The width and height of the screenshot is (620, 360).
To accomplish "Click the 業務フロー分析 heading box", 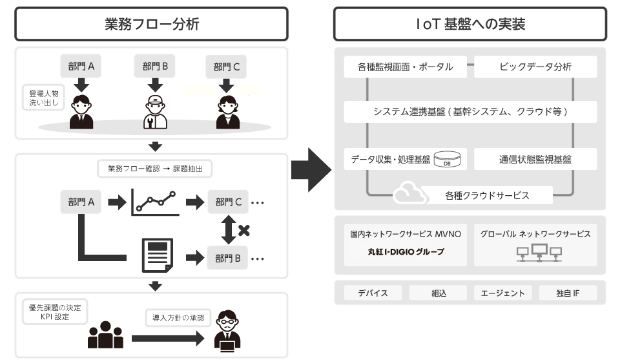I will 151,25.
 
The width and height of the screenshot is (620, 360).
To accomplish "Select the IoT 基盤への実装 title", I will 470,25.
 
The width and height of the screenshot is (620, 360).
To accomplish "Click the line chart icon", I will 154,202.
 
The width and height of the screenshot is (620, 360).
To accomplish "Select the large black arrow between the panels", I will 311,170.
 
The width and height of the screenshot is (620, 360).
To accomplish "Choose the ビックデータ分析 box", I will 535,67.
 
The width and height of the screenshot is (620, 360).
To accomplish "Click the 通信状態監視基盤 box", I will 535,158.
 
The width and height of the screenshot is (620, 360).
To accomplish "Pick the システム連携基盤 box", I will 470,111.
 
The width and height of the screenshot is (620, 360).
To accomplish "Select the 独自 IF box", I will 568,293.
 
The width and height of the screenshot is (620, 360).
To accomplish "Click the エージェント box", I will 502,293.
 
